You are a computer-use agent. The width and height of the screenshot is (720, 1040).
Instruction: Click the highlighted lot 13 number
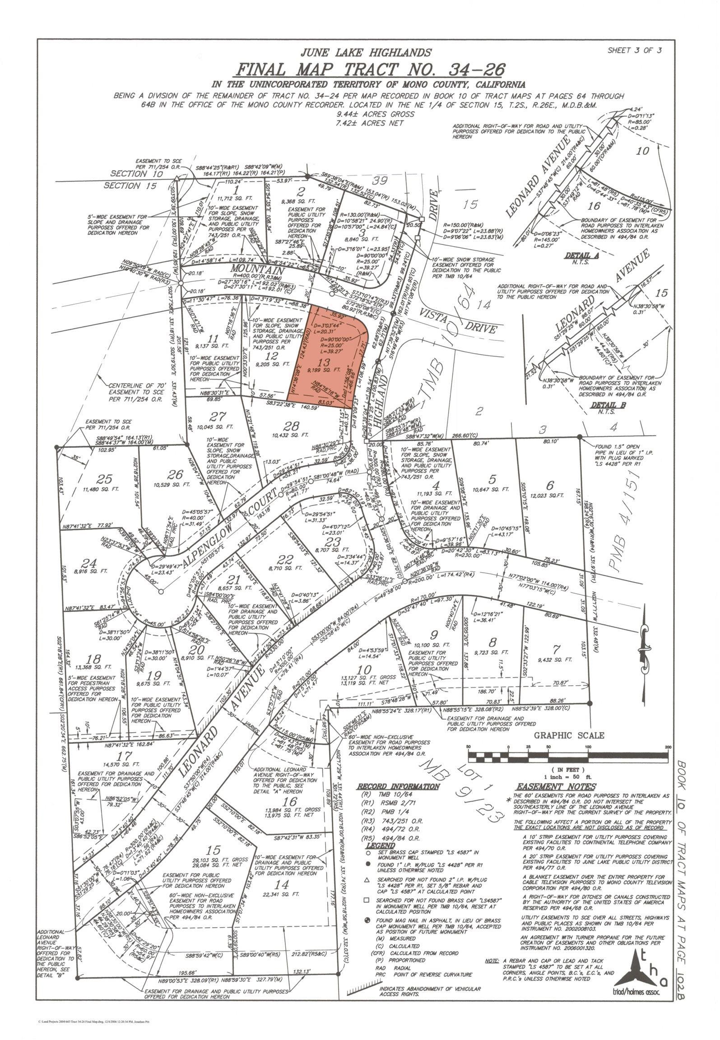(x=324, y=362)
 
